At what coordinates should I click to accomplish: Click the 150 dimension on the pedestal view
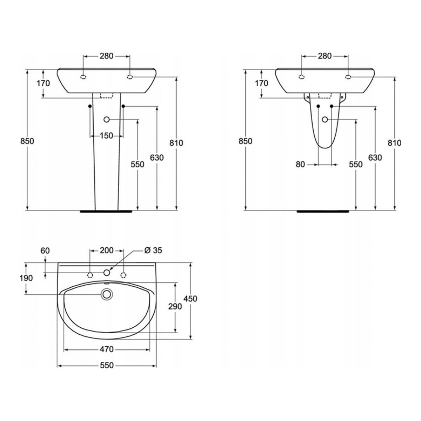106,136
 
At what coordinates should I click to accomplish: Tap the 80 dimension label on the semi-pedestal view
300,165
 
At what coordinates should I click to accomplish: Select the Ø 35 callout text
153,250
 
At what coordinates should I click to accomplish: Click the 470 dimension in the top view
107,349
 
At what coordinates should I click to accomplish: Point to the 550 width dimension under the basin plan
107,366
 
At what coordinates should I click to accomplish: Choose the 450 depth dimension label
190,299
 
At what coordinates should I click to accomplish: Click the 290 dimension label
175,307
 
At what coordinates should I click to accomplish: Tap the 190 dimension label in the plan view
26,278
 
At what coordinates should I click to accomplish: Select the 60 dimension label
45,250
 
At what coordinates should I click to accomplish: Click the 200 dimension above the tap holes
107,250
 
